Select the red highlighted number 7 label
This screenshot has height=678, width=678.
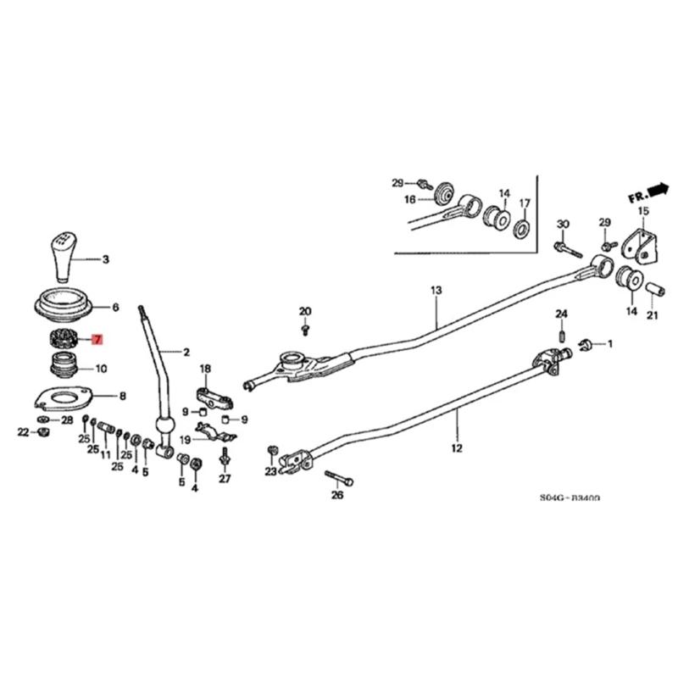[97, 341]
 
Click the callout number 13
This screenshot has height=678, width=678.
[436, 291]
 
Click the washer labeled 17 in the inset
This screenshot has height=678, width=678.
[522, 228]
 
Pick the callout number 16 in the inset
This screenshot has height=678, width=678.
[409, 200]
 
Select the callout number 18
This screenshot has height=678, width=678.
[204, 369]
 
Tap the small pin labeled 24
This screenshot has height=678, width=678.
[561, 337]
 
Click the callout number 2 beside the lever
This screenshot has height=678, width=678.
[186, 350]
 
